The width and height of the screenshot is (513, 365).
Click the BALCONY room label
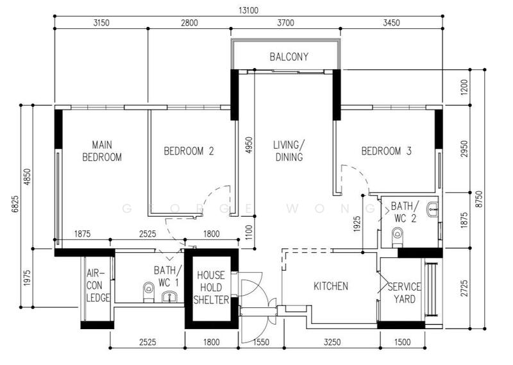[x=289, y=56]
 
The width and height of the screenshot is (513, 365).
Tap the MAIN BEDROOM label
[x=102, y=151]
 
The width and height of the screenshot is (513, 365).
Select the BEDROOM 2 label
[x=189, y=151]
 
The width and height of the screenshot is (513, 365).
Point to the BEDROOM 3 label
[x=387, y=151]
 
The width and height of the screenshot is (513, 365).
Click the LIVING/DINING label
[x=289, y=151]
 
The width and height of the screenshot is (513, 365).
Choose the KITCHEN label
[x=331, y=286]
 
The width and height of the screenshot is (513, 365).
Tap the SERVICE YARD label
[x=405, y=293]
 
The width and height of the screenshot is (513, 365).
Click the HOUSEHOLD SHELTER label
[x=211, y=287]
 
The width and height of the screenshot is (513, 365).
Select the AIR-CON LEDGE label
[x=98, y=285]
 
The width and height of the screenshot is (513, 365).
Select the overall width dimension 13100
[x=248, y=10]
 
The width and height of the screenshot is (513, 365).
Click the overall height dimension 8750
[x=479, y=199]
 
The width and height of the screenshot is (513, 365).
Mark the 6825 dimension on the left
[x=15, y=204]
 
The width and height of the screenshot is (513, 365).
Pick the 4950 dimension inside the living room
[x=249, y=146]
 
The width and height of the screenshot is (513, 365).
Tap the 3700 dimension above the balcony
[x=285, y=23]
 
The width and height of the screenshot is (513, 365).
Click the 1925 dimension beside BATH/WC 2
[x=357, y=224]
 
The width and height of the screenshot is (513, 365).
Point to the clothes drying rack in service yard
[x=432, y=289]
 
